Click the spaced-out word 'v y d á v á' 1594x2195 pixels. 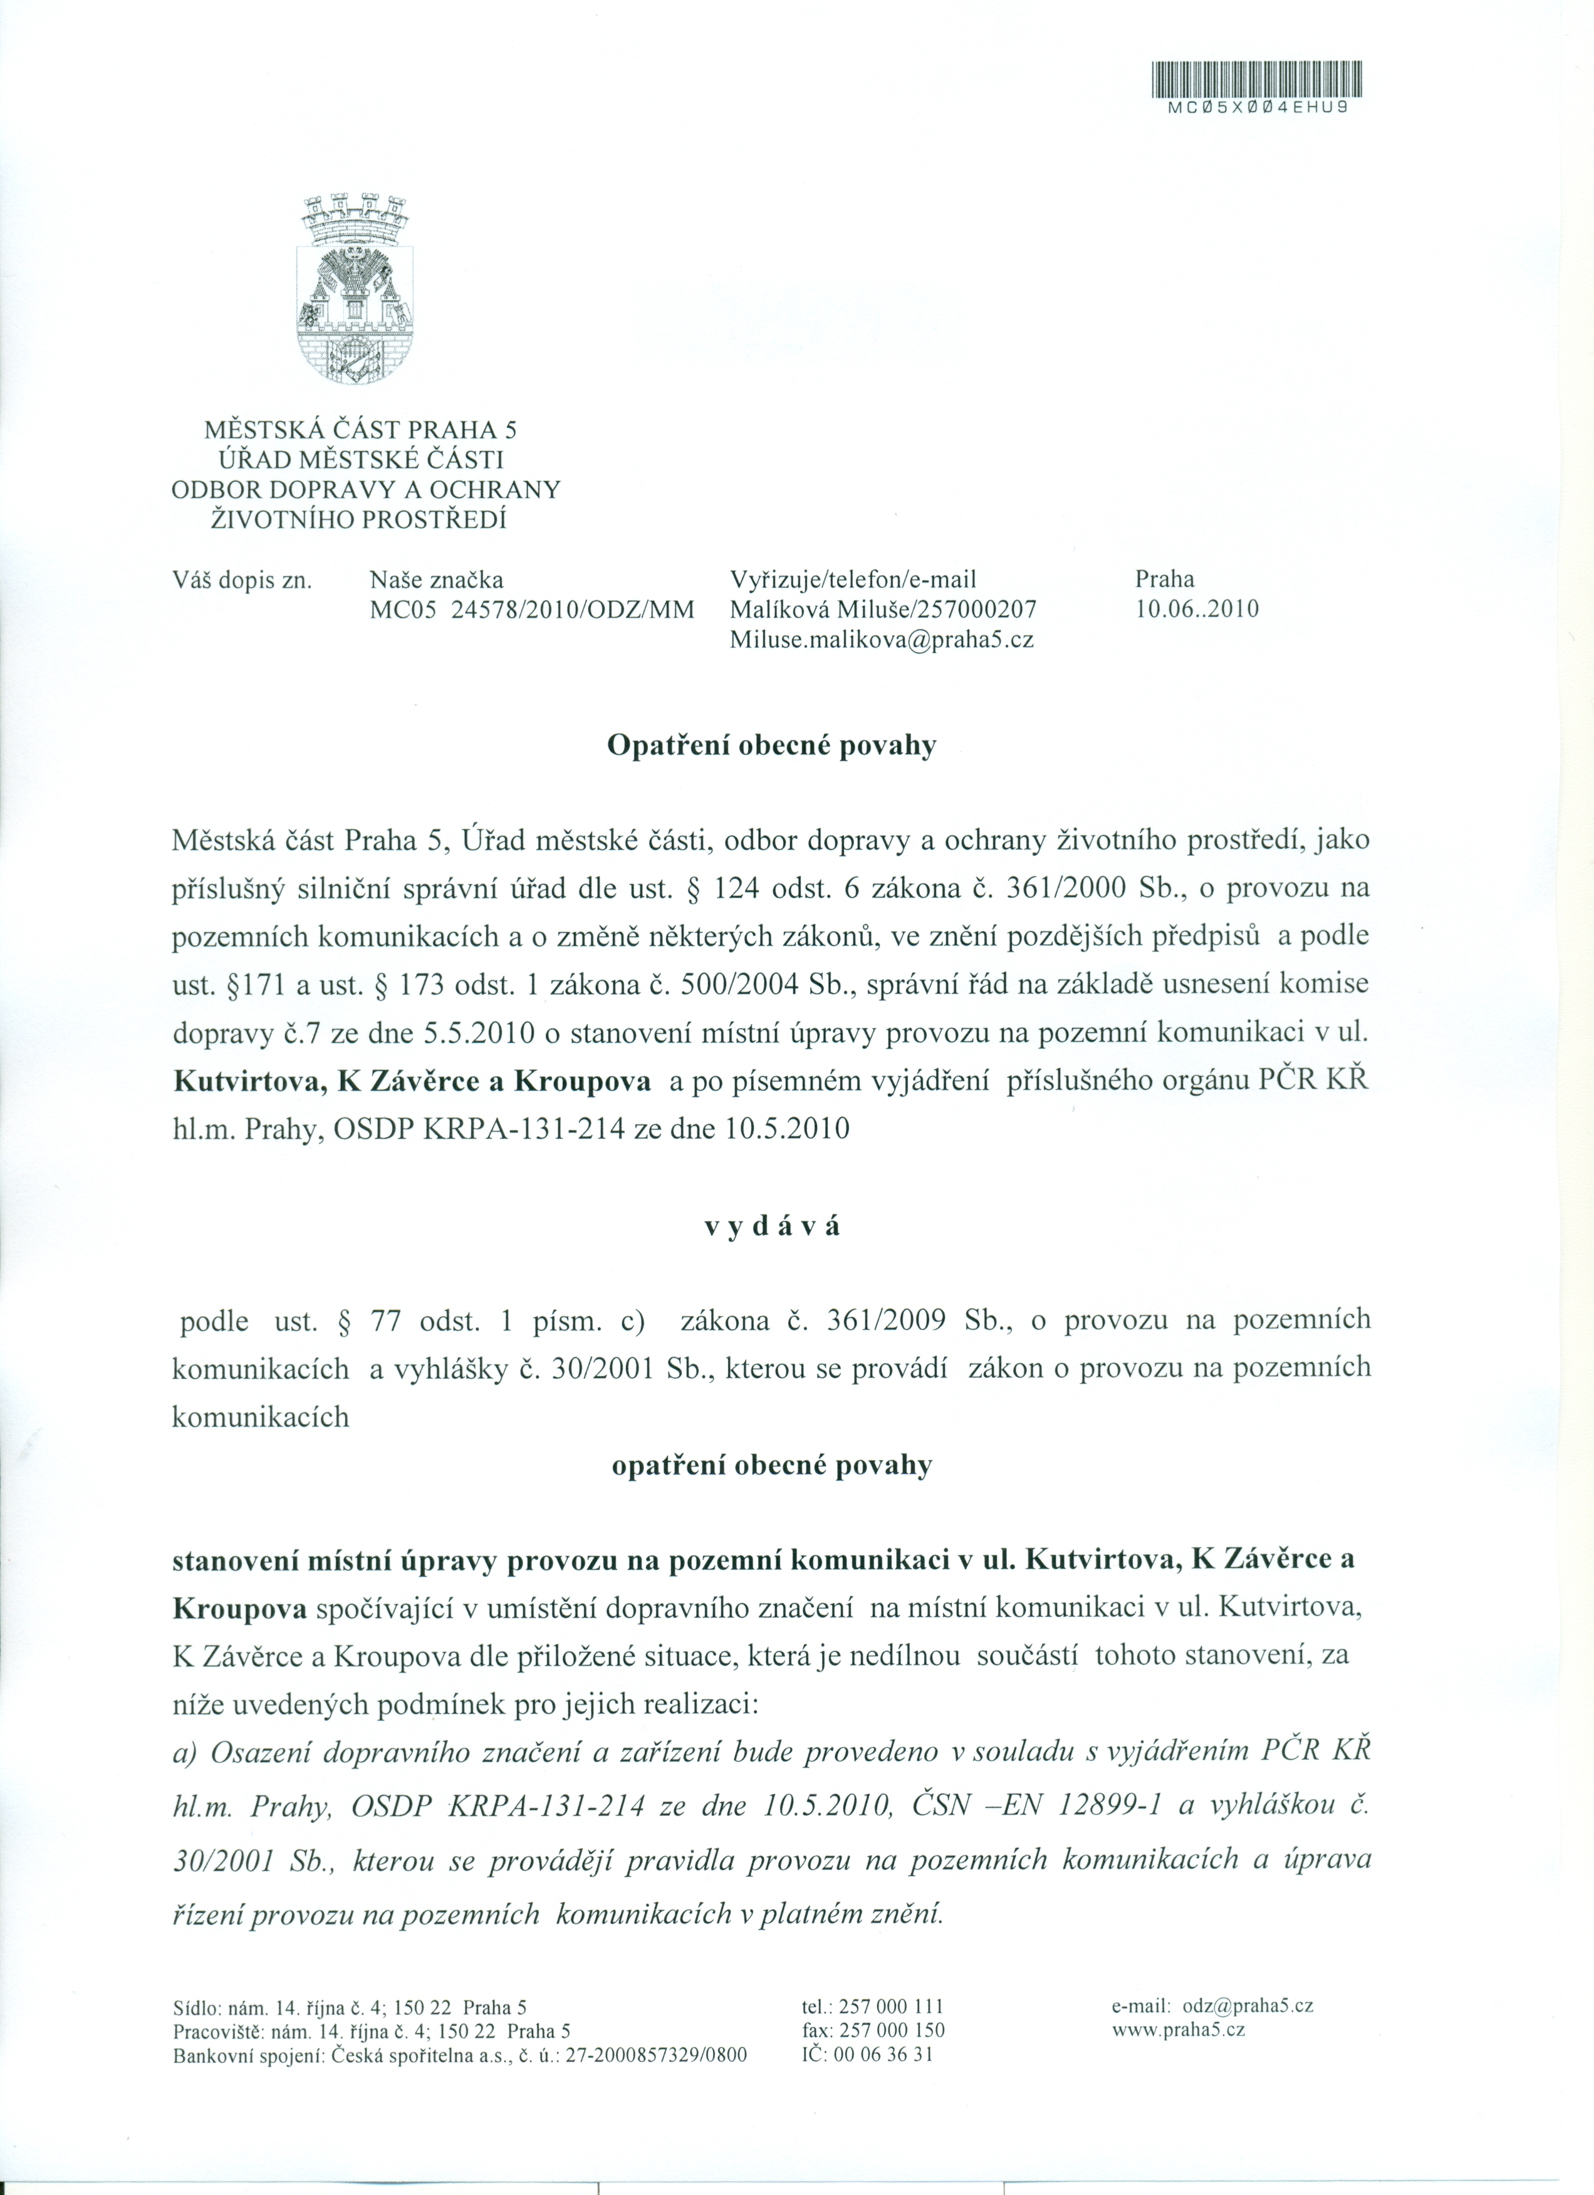click(x=771, y=1226)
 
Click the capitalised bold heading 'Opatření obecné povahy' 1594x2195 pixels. click(x=771, y=747)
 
